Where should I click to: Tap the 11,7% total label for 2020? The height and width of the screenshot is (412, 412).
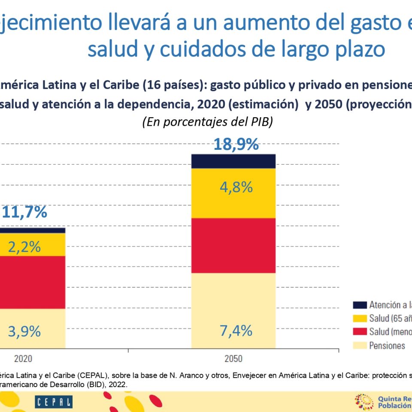pyautogui.click(x=25, y=212)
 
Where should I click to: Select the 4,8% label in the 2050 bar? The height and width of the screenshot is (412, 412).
pyautogui.click(x=233, y=187)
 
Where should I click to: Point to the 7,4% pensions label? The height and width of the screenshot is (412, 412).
pyautogui.click(x=233, y=330)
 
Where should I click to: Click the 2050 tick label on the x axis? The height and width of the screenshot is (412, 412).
pyautogui.click(x=233, y=359)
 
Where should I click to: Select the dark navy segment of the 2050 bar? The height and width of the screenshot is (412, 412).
pyautogui.click(x=233, y=161)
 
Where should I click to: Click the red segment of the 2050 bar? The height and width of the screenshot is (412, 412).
pyautogui.click(x=233, y=245)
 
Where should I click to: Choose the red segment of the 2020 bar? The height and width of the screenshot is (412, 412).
pyautogui.click(x=32, y=282)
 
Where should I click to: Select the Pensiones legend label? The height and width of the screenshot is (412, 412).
pyautogui.click(x=387, y=345)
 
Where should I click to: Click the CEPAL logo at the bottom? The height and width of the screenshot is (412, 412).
pyautogui.click(x=54, y=402)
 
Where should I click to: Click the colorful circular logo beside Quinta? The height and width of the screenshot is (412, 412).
pyautogui.click(x=364, y=402)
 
